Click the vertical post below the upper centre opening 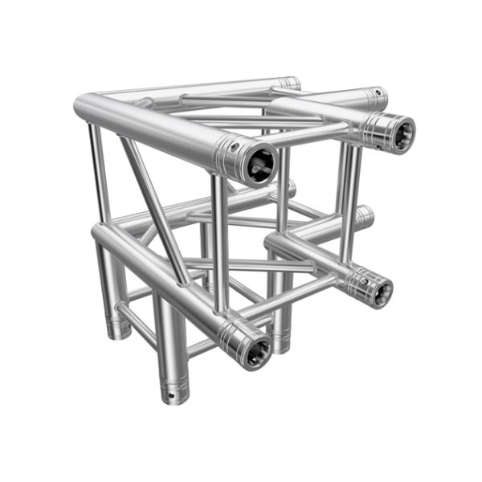(221, 241)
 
